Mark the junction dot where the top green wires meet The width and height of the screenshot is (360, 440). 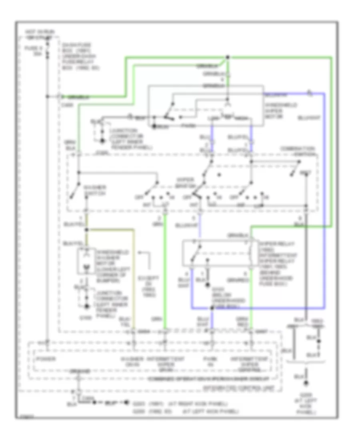click(x=227, y=57)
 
